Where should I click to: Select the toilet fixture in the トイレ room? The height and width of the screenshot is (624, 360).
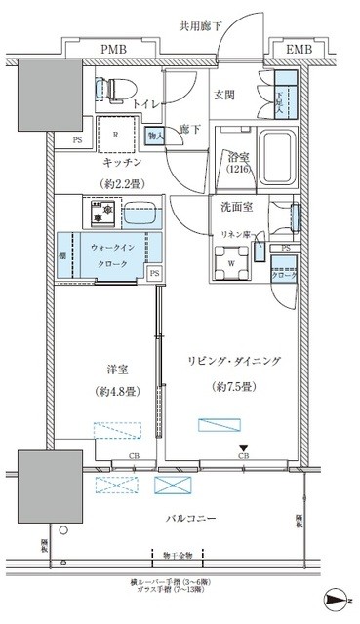click(x=110, y=88)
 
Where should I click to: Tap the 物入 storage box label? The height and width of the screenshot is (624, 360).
click(x=154, y=136)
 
